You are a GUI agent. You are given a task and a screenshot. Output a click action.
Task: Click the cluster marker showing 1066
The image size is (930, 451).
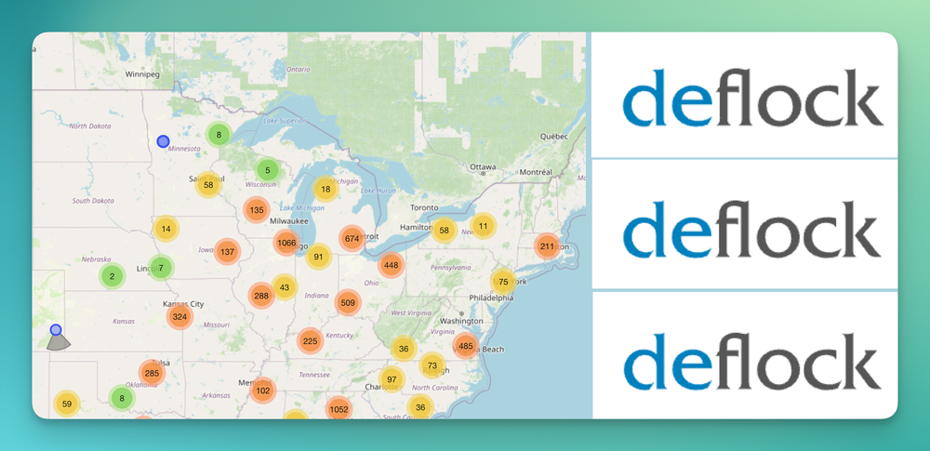(286, 244)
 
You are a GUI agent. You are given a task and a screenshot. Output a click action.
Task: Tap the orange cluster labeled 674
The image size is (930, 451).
(352, 238)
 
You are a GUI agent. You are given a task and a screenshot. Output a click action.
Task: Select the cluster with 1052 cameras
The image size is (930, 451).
(339, 409)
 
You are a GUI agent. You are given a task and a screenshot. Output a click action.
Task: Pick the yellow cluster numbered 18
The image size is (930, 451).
(325, 189)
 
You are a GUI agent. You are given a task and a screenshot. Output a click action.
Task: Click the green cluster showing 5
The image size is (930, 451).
(267, 170)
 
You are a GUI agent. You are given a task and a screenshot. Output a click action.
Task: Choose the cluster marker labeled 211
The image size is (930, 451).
(547, 246)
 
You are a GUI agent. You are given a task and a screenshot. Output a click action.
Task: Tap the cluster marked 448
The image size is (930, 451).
(391, 265)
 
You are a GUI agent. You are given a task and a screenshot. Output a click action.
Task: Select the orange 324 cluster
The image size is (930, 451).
(179, 317)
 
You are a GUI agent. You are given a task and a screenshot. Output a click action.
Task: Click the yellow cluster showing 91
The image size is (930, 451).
(319, 258)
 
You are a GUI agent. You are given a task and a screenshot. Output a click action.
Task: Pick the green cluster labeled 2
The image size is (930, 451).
(112, 276)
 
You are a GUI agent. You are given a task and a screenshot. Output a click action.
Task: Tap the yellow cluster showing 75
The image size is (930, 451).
(503, 282)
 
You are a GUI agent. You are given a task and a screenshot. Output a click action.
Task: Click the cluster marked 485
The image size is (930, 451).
(466, 347)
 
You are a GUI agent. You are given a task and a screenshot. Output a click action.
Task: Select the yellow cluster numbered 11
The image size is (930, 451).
(483, 225)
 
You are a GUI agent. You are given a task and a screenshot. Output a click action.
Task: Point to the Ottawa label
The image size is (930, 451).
(483, 167)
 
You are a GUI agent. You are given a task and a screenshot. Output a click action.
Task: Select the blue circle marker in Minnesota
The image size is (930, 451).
(163, 141)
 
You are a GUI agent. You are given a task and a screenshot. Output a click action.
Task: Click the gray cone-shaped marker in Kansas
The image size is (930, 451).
(59, 341)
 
